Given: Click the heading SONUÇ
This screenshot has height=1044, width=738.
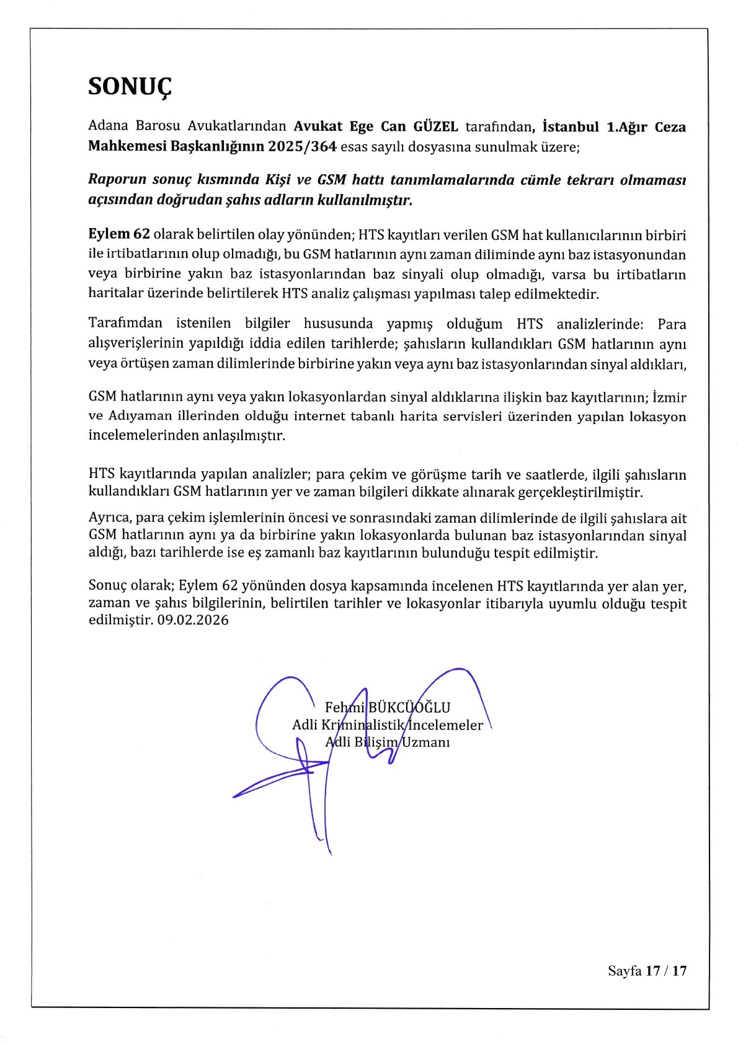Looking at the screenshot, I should [x=130, y=86].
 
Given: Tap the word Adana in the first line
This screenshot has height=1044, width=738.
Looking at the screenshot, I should [x=108, y=127].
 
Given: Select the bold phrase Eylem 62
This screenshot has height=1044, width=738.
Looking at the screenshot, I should [x=119, y=234].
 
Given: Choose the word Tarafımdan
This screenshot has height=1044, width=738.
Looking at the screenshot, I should [x=125, y=323].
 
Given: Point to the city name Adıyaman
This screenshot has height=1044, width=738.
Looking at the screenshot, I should [x=136, y=416].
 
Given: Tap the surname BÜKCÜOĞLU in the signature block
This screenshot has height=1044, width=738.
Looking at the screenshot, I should [x=409, y=707].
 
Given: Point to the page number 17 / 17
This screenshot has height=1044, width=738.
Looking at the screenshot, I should [x=666, y=971].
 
